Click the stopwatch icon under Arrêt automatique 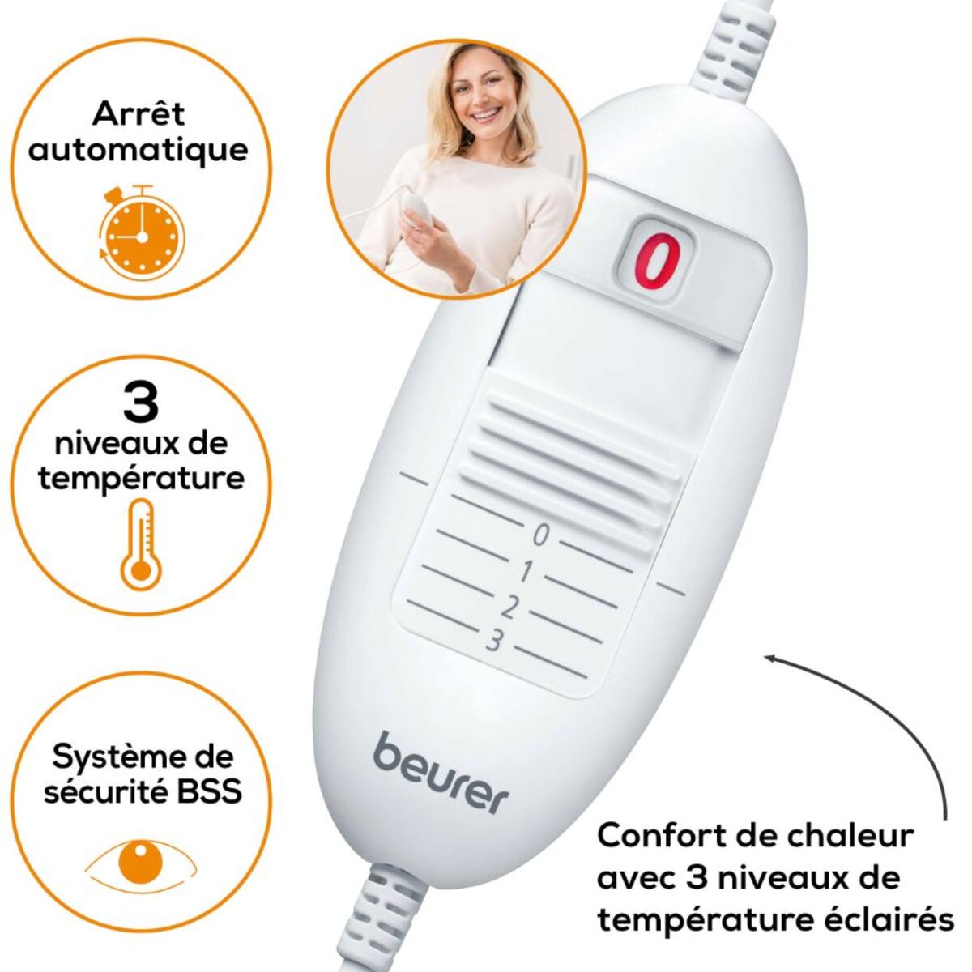tap(143, 231)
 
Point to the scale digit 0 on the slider tap(539, 535)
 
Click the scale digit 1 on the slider tap(525, 572)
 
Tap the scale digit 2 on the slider tap(509, 607)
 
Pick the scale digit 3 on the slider tap(494, 642)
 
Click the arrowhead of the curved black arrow tap(772, 657)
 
